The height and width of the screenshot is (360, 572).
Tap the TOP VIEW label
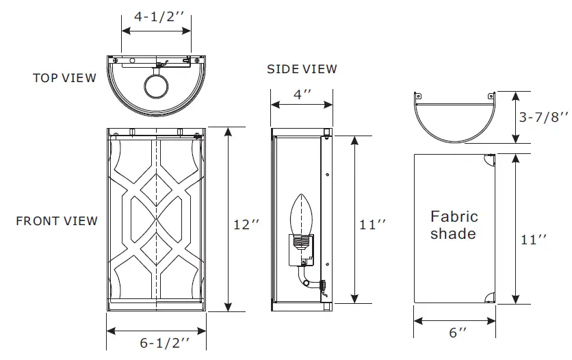click(x=65, y=78)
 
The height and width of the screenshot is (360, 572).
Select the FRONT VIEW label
click(x=57, y=221)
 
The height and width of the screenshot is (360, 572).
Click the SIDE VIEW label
click(x=302, y=69)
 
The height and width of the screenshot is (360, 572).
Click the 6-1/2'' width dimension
click(x=164, y=343)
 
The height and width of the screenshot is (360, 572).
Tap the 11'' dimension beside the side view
click(x=373, y=224)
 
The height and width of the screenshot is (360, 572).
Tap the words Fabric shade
click(x=454, y=225)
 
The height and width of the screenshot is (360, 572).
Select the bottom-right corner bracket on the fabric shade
click(x=487, y=297)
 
